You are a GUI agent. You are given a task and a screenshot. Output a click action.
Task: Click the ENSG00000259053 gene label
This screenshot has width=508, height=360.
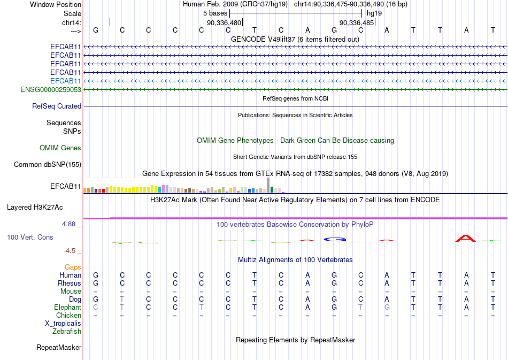click(51, 89)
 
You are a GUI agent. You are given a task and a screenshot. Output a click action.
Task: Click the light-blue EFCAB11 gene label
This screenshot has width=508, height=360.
click(66, 81)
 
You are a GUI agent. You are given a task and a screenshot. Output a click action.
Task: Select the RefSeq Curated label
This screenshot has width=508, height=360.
click(57, 106)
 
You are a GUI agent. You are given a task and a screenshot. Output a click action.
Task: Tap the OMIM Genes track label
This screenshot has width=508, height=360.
click(60, 148)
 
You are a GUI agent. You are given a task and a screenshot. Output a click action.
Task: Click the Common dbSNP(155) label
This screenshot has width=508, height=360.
click(48, 165)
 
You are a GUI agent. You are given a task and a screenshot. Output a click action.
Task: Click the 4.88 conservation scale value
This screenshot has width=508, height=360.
click(71, 225)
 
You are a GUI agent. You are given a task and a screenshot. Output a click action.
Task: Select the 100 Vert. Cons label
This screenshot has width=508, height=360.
click(30, 237)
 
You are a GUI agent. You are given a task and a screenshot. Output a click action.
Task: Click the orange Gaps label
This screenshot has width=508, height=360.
click(73, 267)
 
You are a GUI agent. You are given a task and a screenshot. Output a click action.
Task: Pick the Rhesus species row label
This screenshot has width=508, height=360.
click(70, 283)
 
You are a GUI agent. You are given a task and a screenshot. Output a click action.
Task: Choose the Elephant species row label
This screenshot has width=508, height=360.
click(68, 308)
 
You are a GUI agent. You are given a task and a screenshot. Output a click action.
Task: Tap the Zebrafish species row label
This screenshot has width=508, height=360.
click(67, 332)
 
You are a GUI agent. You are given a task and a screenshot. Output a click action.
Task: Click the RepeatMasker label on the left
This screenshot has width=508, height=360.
click(59, 348)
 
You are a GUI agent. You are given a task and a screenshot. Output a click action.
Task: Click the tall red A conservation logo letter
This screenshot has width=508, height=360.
click(466, 238)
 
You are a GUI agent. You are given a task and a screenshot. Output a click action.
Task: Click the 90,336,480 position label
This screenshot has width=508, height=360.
click(225, 23)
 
